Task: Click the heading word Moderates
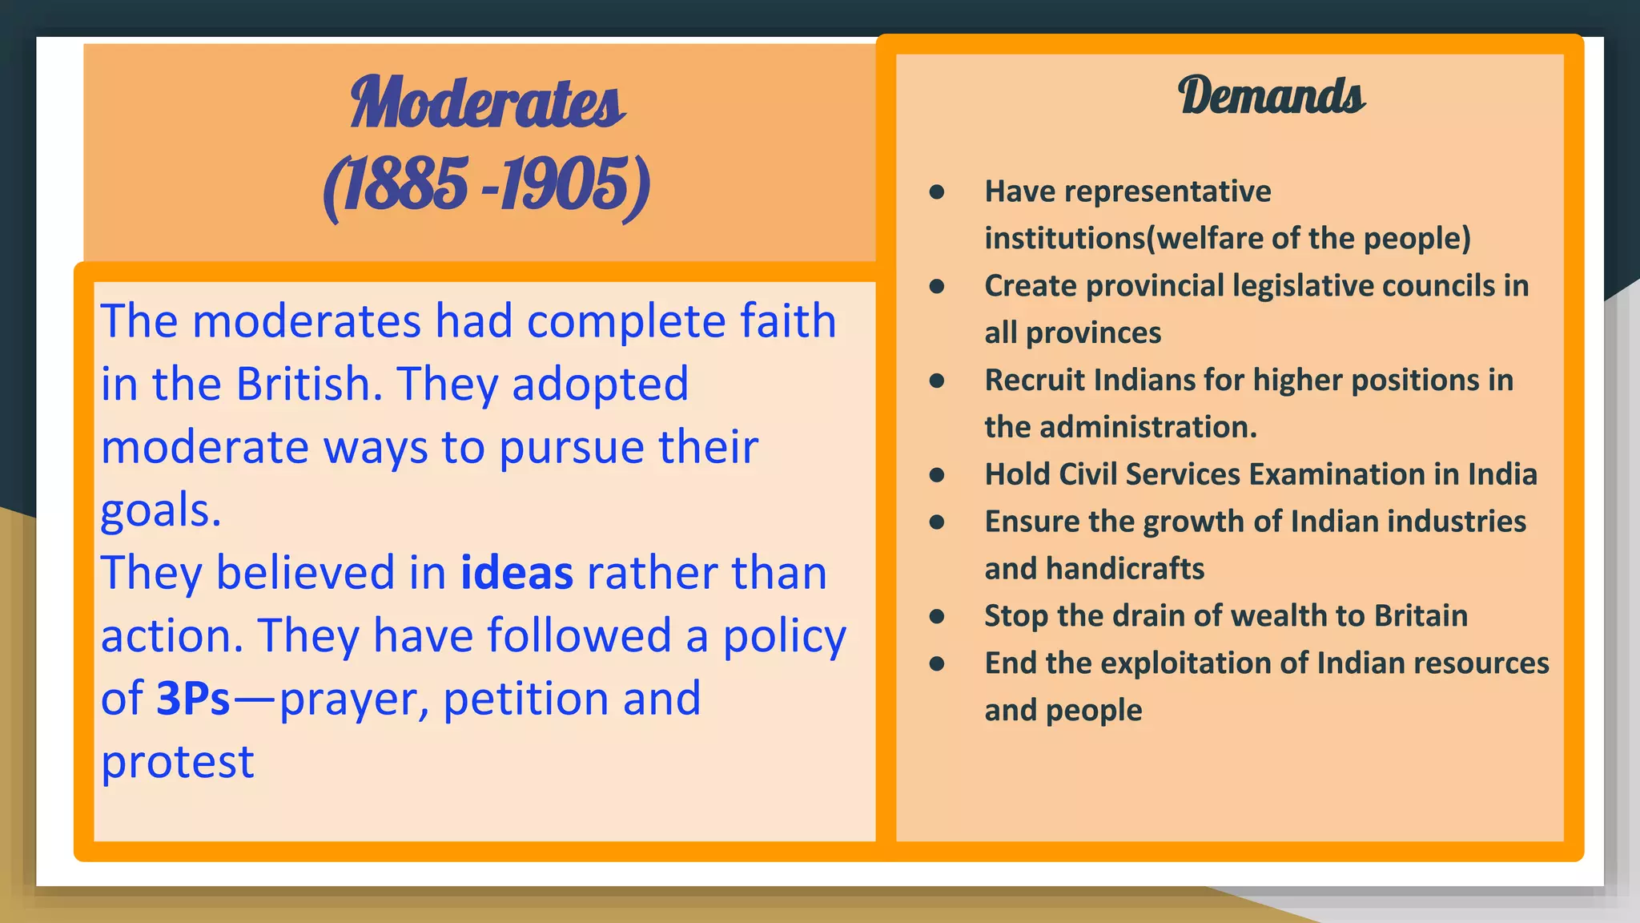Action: [487, 103]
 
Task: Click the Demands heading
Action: [1271, 96]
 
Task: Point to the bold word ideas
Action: [517, 574]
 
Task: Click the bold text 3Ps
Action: [193, 699]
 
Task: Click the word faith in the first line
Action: [787, 321]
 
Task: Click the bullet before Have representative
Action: [937, 192]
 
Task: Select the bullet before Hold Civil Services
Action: [937, 475]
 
